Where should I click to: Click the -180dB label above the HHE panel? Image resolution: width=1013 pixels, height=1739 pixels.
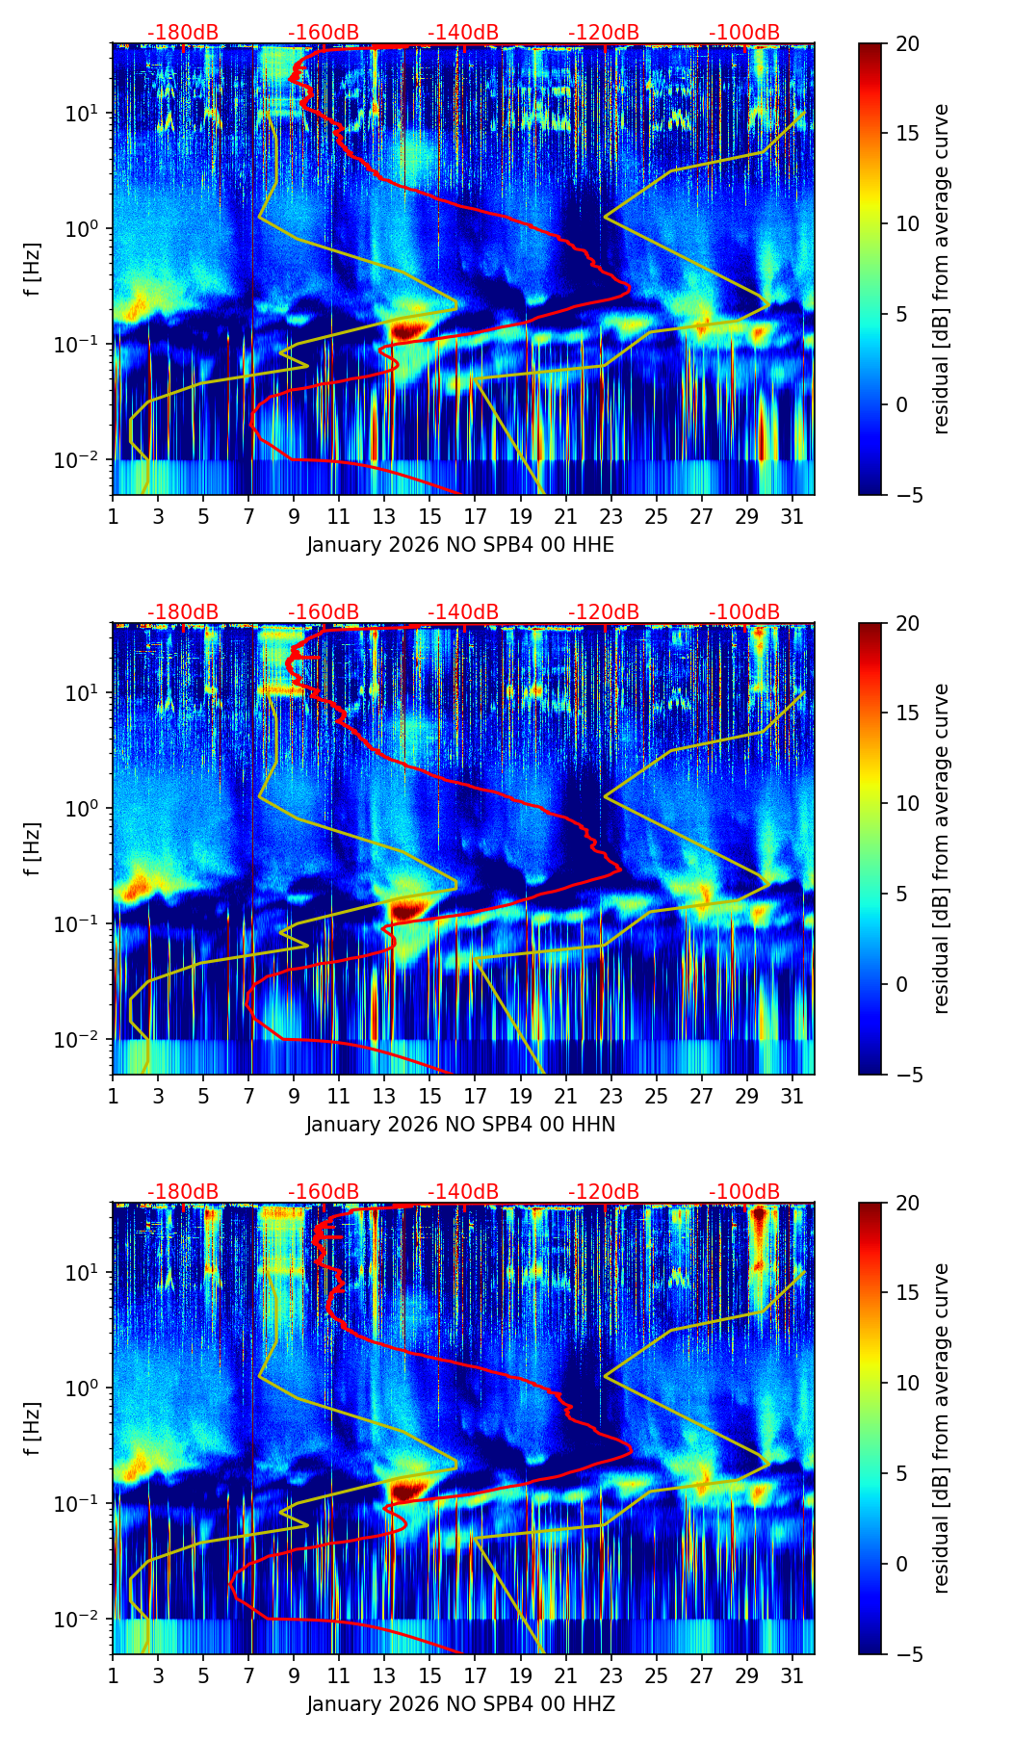(x=183, y=33)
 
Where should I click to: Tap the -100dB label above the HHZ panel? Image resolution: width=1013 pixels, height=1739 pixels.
(x=744, y=1192)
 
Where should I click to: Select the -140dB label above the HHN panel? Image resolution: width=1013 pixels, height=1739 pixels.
(x=463, y=612)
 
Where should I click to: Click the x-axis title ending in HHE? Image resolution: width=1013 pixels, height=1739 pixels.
(x=460, y=545)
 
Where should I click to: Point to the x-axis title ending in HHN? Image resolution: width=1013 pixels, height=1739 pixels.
(x=460, y=1125)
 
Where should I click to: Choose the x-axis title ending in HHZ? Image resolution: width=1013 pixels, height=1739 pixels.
(x=460, y=1704)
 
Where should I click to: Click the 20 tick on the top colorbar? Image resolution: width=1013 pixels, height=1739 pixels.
(x=907, y=43)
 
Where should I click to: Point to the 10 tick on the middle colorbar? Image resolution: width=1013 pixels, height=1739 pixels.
(x=907, y=803)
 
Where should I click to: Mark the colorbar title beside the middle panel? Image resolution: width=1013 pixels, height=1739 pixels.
(x=941, y=848)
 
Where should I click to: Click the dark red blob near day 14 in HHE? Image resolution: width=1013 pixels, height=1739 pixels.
(x=406, y=329)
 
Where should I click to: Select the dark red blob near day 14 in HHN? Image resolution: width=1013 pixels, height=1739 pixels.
(x=406, y=908)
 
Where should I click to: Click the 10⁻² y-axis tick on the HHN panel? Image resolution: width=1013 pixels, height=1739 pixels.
(x=86, y=1040)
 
